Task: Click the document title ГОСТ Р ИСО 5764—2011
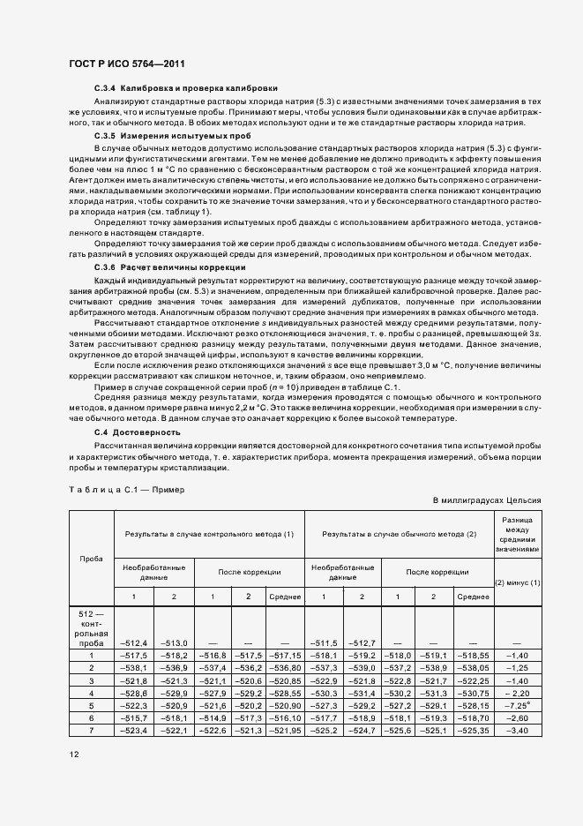coord(126,64)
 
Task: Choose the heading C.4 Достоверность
coord(138,432)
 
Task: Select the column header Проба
coord(91,559)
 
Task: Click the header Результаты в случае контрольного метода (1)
coord(209,535)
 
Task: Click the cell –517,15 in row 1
coord(285,657)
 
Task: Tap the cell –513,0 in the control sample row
coord(174,642)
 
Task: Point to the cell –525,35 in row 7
coord(474,731)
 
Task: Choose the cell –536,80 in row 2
coord(285,669)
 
